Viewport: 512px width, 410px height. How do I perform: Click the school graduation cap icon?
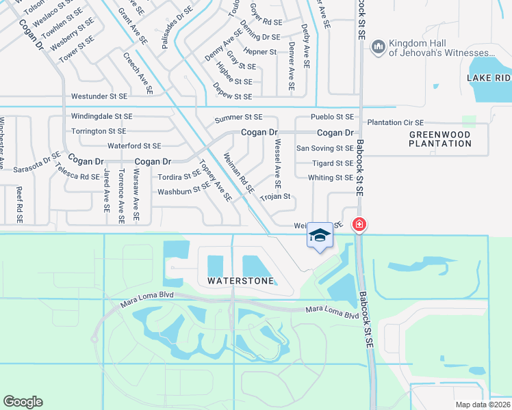[x=320, y=235]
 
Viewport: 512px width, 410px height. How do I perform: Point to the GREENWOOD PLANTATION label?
[x=440, y=139]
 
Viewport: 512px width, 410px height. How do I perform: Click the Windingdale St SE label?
[x=102, y=117]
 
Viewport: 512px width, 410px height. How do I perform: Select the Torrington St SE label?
[x=99, y=131]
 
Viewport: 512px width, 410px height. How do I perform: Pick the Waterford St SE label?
[x=134, y=146]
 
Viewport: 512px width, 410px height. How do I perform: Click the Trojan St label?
[x=276, y=197]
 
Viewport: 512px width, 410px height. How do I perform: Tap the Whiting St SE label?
[x=331, y=178]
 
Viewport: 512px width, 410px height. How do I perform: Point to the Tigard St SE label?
[x=333, y=163]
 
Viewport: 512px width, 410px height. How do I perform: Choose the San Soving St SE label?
[x=324, y=148]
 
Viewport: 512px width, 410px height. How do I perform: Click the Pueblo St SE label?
[x=332, y=118]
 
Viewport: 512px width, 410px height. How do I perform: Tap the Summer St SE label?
[x=238, y=118]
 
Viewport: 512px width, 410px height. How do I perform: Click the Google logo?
[x=23, y=402]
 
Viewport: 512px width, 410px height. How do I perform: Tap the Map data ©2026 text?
[x=483, y=405]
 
